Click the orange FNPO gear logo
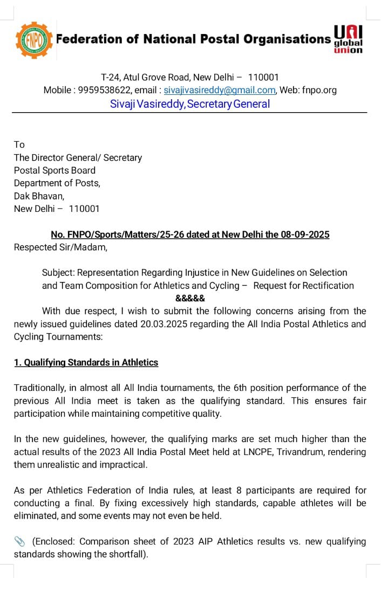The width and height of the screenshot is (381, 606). point(34,39)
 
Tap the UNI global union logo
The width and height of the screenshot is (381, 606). point(348,39)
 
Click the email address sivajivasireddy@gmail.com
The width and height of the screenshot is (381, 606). point(220,90)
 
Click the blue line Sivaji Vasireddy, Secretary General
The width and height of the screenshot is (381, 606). point(190,104)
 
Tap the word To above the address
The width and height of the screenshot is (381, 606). point(19,144)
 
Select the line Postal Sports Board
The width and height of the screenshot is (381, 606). point(55,170)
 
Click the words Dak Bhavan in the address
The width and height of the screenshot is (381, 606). point(39,196)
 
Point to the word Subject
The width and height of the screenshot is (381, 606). point(58,272)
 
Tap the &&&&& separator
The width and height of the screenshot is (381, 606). point(190,298)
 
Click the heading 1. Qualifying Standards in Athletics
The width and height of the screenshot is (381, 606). point(86,362)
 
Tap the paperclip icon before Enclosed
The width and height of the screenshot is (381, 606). point(19,541)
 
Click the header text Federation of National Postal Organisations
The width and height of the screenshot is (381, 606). point(193,39)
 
